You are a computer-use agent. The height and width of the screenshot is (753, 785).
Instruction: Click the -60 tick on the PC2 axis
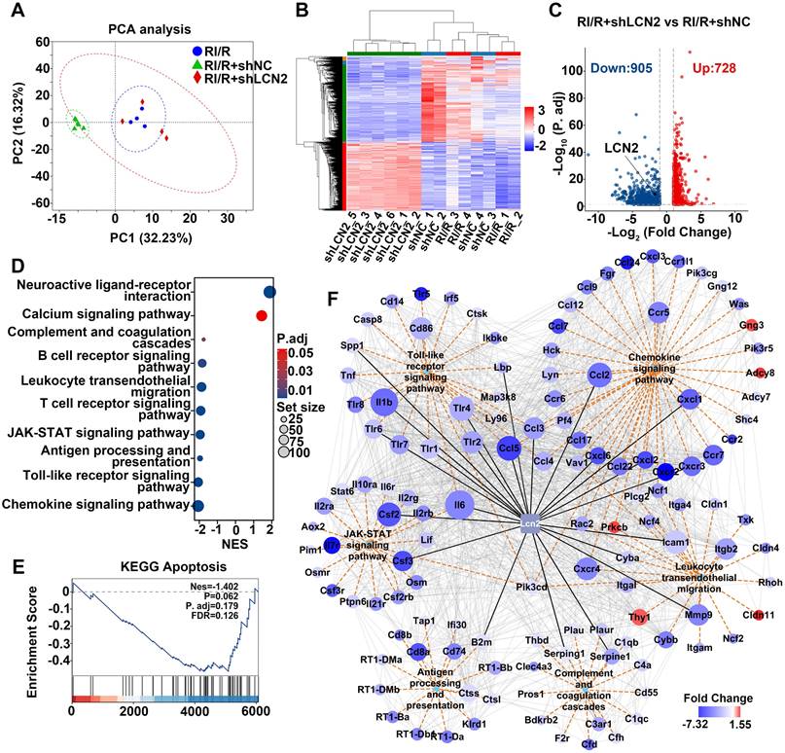41,203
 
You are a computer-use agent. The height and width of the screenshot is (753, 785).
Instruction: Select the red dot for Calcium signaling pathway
261,314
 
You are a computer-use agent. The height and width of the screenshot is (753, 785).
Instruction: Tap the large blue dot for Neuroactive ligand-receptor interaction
269,290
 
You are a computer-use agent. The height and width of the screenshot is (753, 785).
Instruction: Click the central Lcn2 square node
531,523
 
